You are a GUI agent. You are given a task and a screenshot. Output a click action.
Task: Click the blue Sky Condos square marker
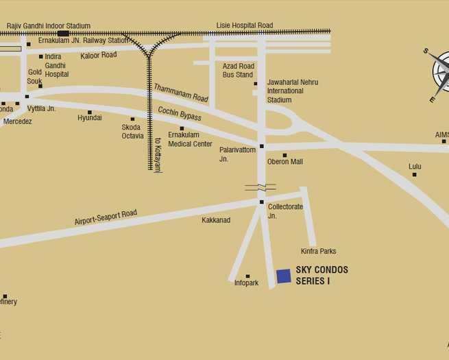tap(284, 276)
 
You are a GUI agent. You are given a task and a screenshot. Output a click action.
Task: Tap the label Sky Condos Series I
tap(321, 275)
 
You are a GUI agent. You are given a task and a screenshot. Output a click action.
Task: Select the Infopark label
tap(246, 283)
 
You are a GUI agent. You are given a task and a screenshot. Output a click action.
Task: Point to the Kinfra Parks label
tap(318, 252)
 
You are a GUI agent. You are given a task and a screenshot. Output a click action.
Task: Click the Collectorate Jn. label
tap(285, 211)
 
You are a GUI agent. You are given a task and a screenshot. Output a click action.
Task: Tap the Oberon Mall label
tap(284, 162)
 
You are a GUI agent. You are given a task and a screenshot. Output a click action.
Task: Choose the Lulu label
tap(415, 167)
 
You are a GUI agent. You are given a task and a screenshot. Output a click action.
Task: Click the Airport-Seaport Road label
tap(106, 218)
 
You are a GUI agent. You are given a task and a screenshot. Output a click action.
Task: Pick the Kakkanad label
tap(216, 220)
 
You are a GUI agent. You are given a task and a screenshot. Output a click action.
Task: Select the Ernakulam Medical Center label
tap(190, 139)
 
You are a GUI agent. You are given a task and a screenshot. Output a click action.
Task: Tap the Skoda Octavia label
tap(132, 131)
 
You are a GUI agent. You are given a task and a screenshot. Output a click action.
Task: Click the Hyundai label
tap(90, 118)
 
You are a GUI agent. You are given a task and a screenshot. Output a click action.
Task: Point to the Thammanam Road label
tap(181, 93)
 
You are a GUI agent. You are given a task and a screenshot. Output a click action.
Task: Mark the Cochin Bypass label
tap(180, 114)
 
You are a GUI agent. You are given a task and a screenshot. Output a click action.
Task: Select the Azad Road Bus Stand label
tap(238, 70)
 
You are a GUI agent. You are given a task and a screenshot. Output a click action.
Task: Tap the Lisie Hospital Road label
tap(245, 25)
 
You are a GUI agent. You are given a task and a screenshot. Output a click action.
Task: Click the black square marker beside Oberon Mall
tap(284, 155)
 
